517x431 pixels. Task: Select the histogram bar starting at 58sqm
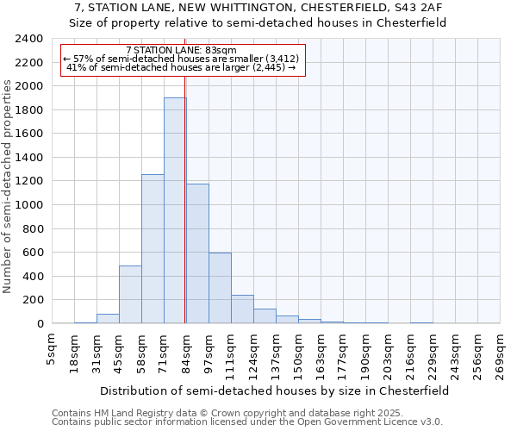pos(153,249)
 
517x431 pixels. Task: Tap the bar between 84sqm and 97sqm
pos(197,253)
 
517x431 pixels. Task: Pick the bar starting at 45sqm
pos(130,294)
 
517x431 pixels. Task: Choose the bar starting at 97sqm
pos(220,288)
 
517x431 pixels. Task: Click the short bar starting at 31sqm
pos(108,319)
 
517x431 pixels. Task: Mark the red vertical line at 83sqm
pos(185,215)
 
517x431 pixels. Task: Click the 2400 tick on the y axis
pos(29,39)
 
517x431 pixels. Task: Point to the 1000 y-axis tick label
pos(29,205)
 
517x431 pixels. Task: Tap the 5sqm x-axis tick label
pos(53,349)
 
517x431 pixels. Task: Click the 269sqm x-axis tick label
pos(501,353)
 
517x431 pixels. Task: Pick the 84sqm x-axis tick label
pos(187,351)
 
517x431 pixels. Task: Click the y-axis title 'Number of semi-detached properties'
pos(9,186)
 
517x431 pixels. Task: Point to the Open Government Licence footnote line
pos(247,422)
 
